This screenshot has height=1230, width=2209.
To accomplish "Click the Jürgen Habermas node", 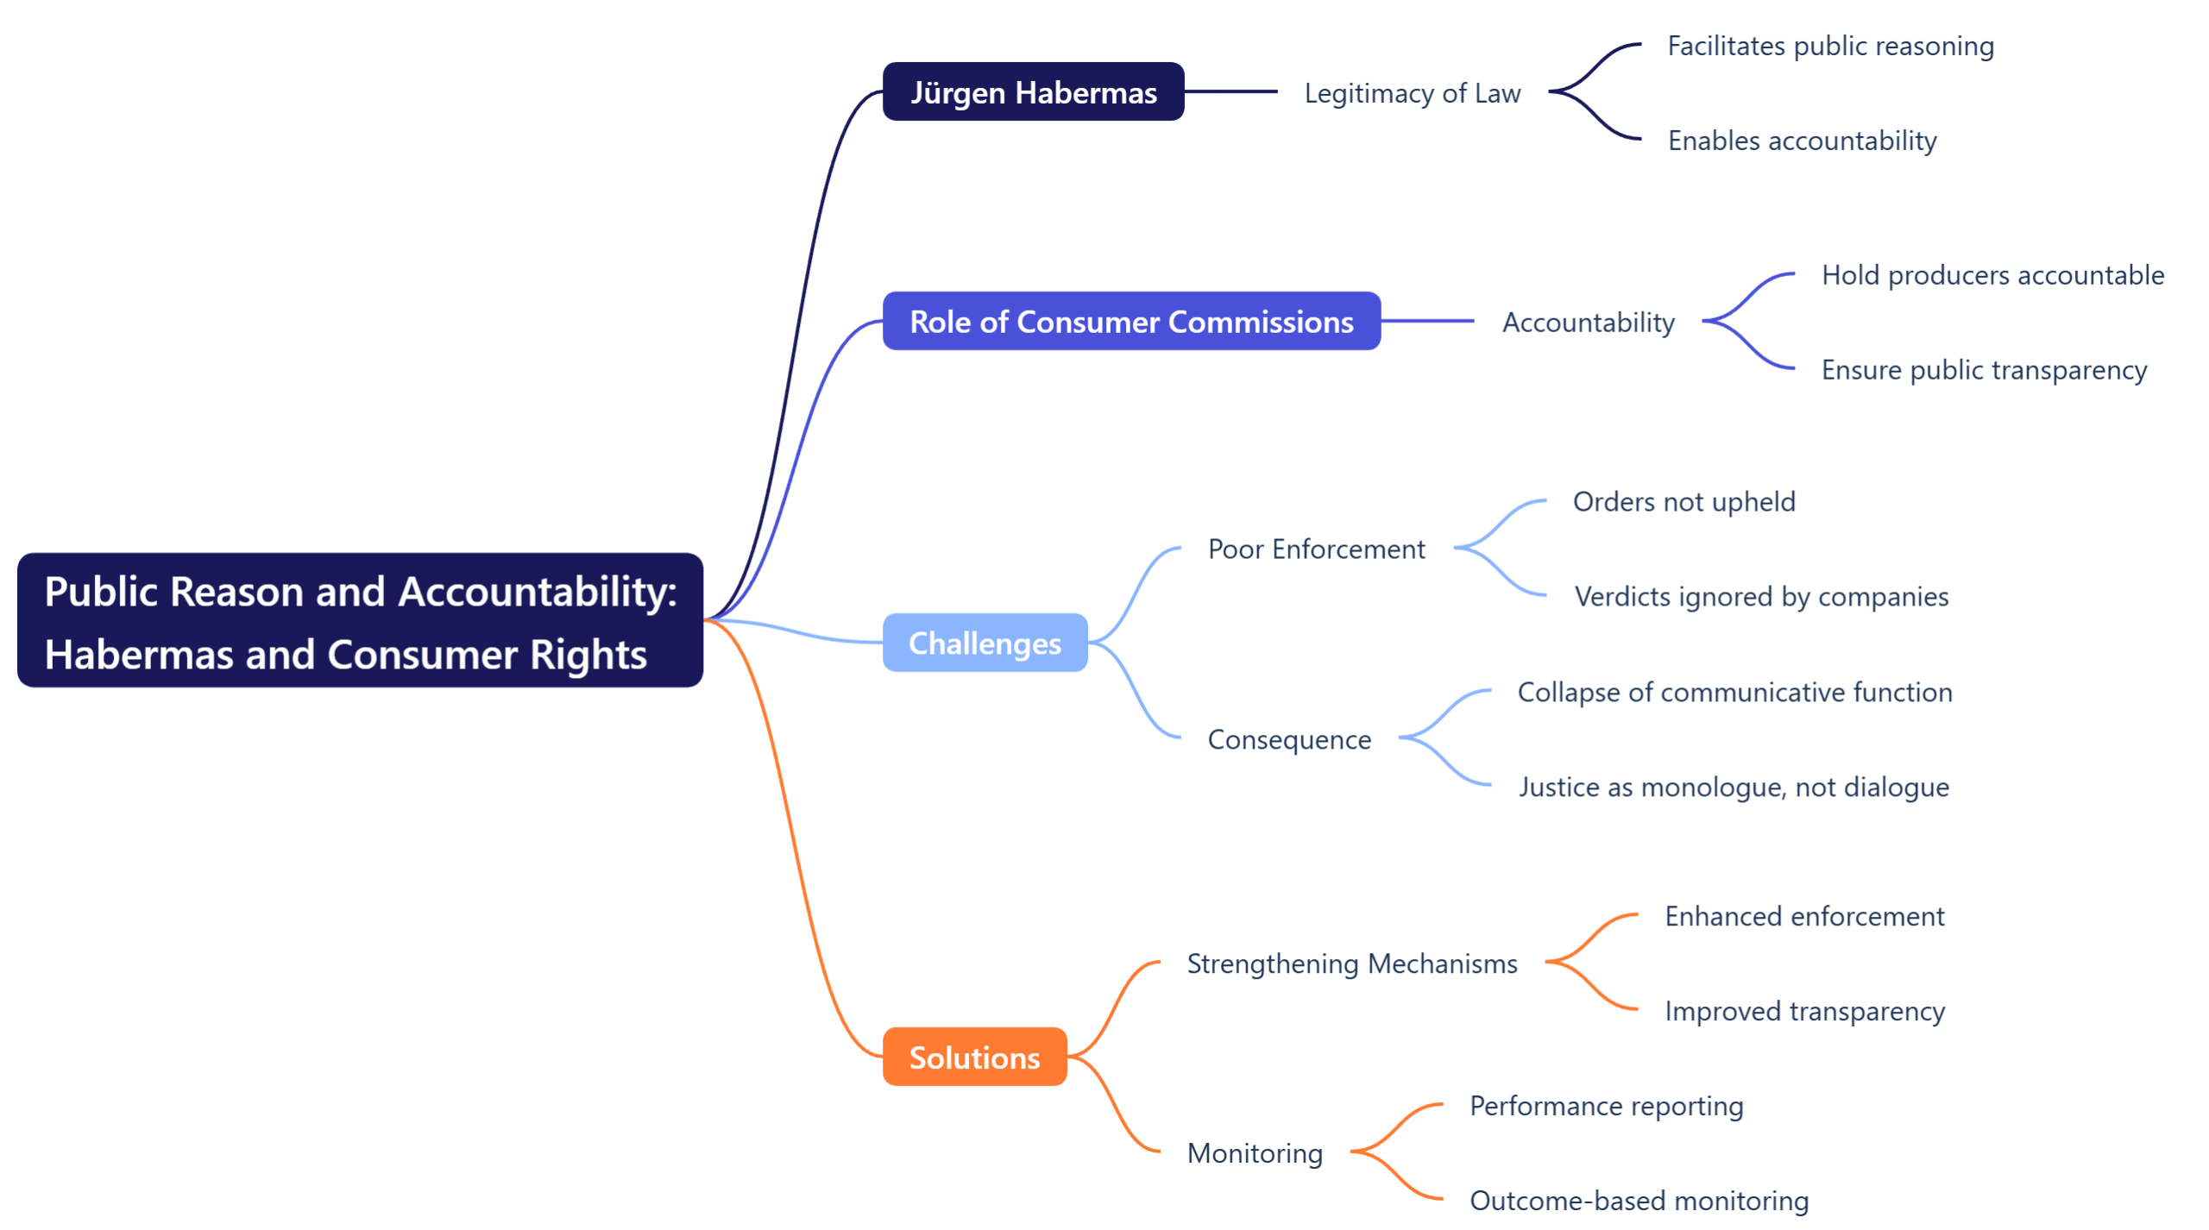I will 1032,91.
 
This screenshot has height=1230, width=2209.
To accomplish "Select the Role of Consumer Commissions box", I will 1130,321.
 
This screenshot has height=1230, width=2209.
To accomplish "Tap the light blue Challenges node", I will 984,643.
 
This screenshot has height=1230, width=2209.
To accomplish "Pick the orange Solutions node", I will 973,1057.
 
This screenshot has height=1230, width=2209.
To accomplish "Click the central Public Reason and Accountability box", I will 360,620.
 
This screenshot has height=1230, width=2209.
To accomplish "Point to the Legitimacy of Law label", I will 1412,93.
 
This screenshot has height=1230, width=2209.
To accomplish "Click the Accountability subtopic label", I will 1588,322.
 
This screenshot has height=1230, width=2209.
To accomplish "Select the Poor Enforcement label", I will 1316,549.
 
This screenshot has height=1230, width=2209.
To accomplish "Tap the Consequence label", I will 1288,739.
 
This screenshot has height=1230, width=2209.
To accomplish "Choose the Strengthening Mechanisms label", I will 1351,963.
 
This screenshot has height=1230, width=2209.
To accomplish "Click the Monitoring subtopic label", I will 1254,1153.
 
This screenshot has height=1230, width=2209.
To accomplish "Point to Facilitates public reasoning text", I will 1829,46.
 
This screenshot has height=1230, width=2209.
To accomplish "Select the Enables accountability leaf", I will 1801,141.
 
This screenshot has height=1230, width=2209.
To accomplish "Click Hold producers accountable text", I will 1992,275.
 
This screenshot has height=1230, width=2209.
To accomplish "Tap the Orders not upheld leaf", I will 1683,502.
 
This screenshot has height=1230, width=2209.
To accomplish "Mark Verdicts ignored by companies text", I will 1760,597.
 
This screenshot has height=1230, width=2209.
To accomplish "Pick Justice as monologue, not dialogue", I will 1733,787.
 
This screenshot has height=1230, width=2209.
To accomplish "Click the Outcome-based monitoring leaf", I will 1638,1201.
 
